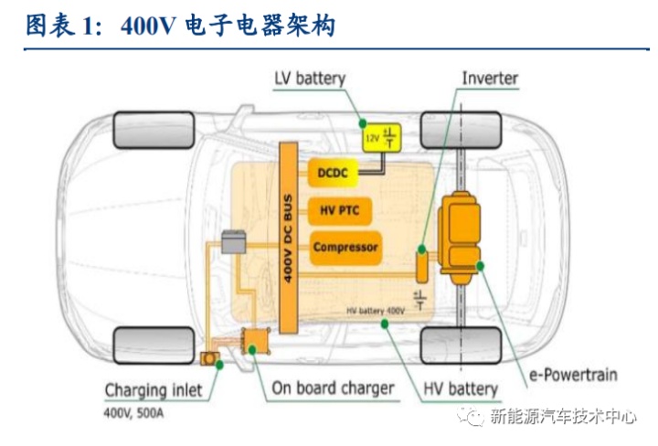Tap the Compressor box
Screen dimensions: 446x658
coord(345,247)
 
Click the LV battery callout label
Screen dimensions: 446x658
coord(309,78)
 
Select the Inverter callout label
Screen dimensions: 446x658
coord(490,78)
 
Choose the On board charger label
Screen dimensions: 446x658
coord(333,388)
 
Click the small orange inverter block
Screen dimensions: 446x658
coord(422,265)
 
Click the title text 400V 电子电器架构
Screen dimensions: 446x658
coord(228,27)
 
